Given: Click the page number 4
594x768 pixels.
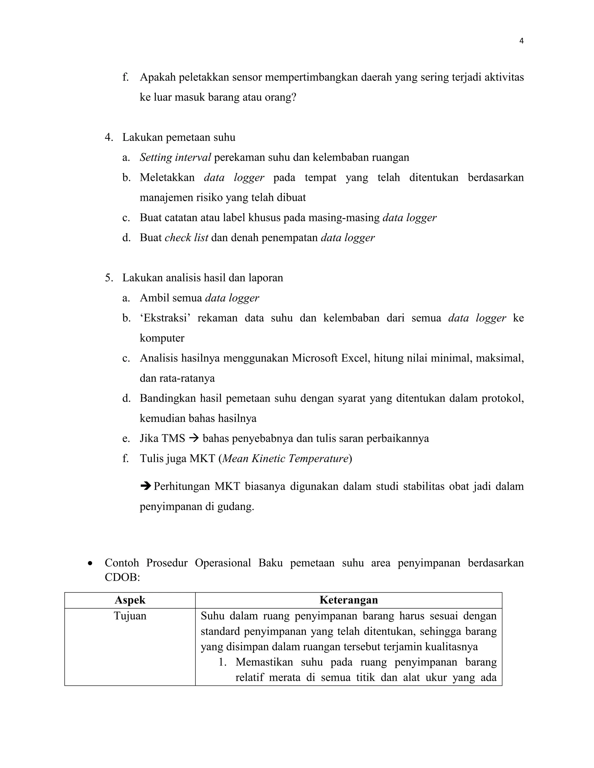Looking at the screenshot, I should pyautogui.click(x=521, y=41).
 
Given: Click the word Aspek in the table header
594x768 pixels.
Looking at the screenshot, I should pyautogui.click(x=130, y=600).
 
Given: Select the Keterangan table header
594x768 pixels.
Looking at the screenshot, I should pyautogui.click(x=348, y=600).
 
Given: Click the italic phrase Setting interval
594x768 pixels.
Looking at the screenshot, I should pyautogui.click(x=175, y=157).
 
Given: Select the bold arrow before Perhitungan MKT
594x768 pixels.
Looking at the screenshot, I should pyautogui.click(x=145, y=486).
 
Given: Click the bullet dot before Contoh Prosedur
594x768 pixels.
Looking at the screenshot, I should pyautogui.click(x=91, y=563).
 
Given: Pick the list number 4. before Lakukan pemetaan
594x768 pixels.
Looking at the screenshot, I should pyautogui.click(x=109, y=137).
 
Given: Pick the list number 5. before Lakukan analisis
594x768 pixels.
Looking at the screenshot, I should pyautogui.click(x=109, y=278).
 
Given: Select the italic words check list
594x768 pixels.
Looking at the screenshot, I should pyautogui.click(x=186, y=238).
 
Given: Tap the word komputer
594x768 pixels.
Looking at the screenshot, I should pyautogui.click(x=162, y=338).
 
